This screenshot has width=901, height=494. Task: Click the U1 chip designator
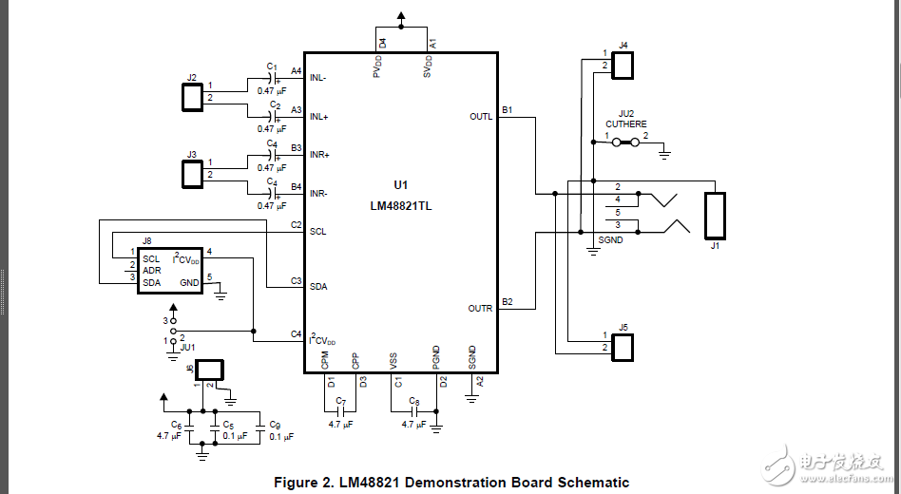click(400, 185)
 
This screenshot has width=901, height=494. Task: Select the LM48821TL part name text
click(400, 205)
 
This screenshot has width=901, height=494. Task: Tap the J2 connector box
click(192, 97)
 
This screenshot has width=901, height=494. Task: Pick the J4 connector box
click(623, 65)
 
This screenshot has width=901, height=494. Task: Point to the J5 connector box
click(623, 347)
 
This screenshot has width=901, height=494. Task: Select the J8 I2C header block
click(170, 271)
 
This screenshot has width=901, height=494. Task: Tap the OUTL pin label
click(481, 117)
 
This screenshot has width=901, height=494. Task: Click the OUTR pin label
click(481, 309)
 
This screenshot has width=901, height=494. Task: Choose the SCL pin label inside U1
click(318, 232)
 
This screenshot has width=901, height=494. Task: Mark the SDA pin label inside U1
click(318, 286)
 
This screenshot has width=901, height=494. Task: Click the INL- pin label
click(319, 78)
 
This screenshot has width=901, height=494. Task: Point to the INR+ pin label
click(320, 155)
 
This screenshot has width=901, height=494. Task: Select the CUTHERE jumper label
click(625, 124)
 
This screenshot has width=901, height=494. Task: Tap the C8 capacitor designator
click(413, 402)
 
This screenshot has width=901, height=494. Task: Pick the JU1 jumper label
click(187, 349)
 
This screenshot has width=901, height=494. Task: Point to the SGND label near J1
click(611, 240)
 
